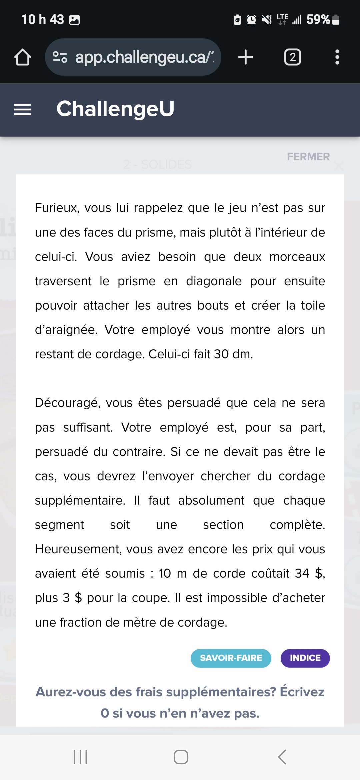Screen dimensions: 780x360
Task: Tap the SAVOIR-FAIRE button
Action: pos(231,658)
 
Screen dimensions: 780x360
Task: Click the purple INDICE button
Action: pos(305,658)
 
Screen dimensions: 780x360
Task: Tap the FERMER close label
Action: pos(308,157)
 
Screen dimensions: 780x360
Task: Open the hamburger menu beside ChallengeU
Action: pos(22,109)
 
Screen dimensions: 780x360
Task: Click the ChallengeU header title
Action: pos(115,109)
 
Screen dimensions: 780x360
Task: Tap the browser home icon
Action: pos(23,57)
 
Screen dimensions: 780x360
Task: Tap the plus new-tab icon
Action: pos(246,57)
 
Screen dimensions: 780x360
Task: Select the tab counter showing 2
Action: pos(292,57)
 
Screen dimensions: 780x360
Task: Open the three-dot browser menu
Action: pos(337,57)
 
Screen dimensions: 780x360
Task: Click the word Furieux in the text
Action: pos(57,208)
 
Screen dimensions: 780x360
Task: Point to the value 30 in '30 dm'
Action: pos(221,354)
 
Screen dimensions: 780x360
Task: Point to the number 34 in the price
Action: pos(302,573)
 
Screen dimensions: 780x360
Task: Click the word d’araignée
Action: pos(66,330)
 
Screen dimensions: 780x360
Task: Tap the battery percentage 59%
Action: pos(318,19)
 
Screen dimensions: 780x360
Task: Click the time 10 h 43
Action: pos(43,19)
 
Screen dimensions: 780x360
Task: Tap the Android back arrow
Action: pos(282,757)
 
